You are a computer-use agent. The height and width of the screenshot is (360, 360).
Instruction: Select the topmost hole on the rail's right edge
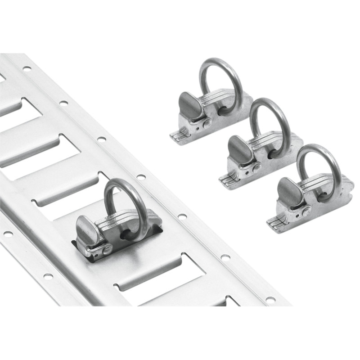(27, 69)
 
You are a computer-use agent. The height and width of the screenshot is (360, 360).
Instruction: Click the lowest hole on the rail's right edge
(270, 299)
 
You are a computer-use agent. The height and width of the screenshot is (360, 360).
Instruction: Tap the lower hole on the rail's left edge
(48, 276)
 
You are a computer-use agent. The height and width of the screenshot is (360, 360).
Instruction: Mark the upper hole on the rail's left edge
(8, 234)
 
